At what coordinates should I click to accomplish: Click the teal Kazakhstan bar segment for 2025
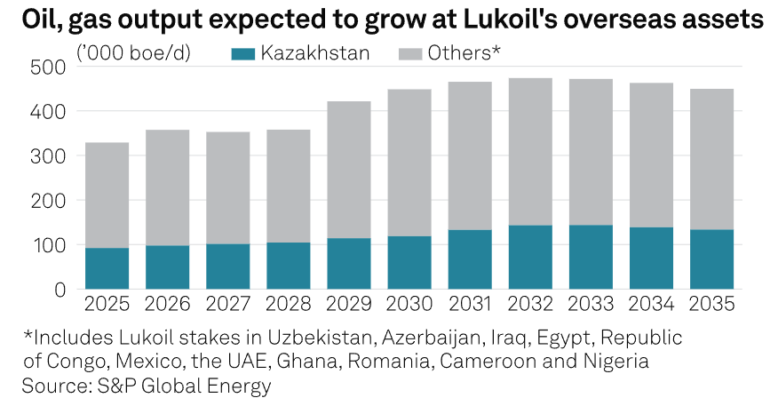click(x=107, y=268)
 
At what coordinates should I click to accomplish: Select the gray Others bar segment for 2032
click(x=530, y=152)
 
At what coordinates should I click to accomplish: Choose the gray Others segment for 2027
click(x=228, y=188)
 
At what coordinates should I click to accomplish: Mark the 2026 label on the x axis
click(x=168, y=306)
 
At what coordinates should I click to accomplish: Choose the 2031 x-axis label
click(x=470, y=306)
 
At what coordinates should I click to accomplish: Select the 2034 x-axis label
click(x=651, y=306)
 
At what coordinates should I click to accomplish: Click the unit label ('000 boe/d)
click(x=139, y=53)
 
